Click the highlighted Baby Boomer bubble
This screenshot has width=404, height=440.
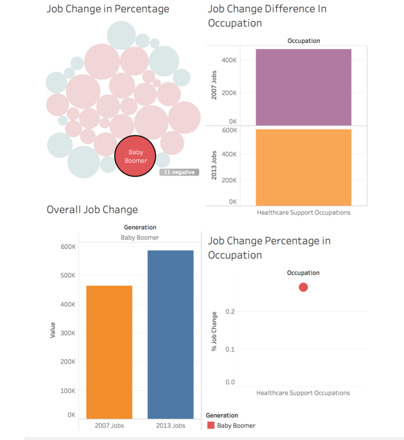[x=136, y=156]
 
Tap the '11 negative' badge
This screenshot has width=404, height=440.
[x=179, y=172]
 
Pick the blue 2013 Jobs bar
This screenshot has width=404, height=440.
[x=170, y=334]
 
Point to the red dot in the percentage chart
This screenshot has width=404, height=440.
[x=303, y=287]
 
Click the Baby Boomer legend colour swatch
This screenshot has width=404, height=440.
[x=210, y=426]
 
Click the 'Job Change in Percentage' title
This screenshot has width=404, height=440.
[x=107, y=9]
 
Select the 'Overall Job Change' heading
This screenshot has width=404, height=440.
[x=92, y=210]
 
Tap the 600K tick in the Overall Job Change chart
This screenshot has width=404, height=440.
[x=67, y=247]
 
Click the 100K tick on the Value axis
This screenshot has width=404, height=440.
[x=67, y=391]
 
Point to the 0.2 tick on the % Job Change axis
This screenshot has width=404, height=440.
[x=230, y=312]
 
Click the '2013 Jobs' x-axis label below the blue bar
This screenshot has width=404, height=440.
[x=171, y=426]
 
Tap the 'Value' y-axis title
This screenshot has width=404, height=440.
[x=53, y=329]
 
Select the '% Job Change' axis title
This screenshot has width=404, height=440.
[x=214, y=331]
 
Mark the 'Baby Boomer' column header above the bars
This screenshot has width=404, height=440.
[x=139, y=238]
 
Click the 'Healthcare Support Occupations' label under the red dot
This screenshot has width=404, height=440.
[x=303, y=393]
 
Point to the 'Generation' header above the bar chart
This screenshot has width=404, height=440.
[x=140, y=228]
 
